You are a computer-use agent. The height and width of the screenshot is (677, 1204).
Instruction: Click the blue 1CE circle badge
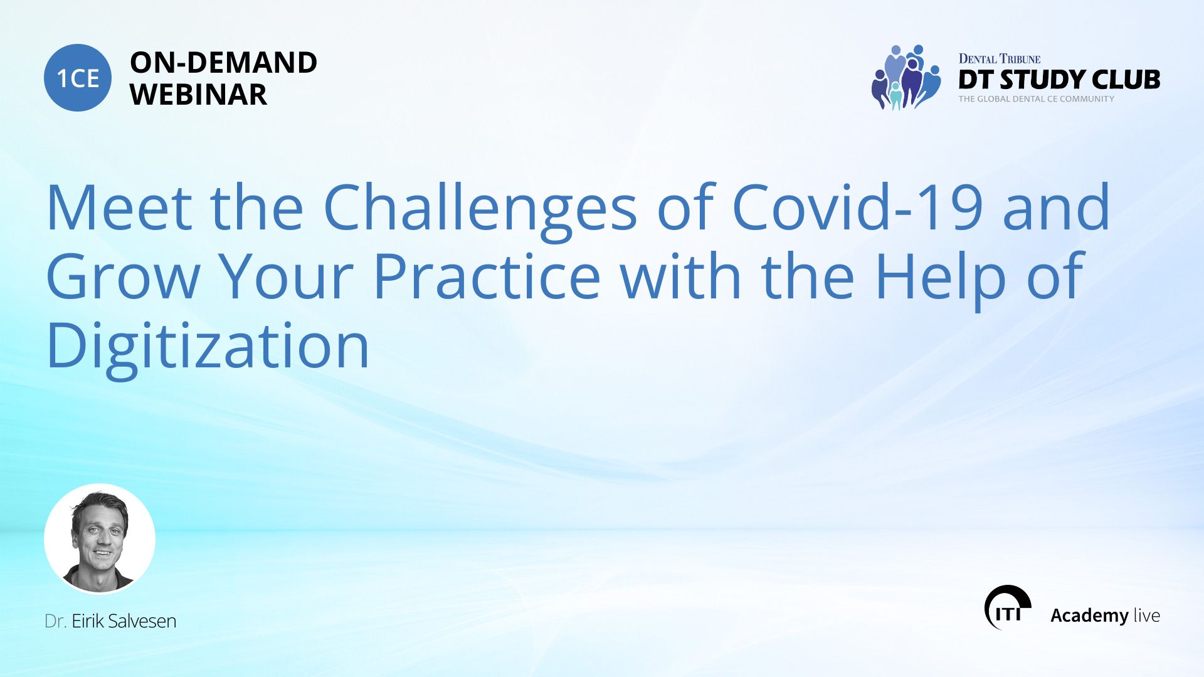pos(78,78)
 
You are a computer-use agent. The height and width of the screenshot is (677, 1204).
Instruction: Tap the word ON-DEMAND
pos(223,63)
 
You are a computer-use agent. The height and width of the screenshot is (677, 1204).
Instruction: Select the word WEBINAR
pos(199,95)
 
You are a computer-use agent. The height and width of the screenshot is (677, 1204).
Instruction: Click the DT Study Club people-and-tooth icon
pos(906,77)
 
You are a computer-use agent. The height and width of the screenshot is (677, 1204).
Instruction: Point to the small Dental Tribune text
pos(1000,59)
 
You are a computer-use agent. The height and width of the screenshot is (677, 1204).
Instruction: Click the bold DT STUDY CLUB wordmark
pos(1059,80)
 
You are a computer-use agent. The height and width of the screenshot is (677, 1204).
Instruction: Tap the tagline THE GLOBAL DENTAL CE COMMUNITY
pos(1037,99)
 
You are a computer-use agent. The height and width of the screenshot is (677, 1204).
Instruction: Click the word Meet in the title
pos(119,207)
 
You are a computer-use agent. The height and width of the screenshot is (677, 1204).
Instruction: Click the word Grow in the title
pos(123,276)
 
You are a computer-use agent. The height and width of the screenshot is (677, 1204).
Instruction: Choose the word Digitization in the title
pos(208,349)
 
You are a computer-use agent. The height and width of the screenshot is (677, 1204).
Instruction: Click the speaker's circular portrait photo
pos(100,538)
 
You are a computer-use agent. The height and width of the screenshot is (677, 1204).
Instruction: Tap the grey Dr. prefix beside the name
pos(55,621)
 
